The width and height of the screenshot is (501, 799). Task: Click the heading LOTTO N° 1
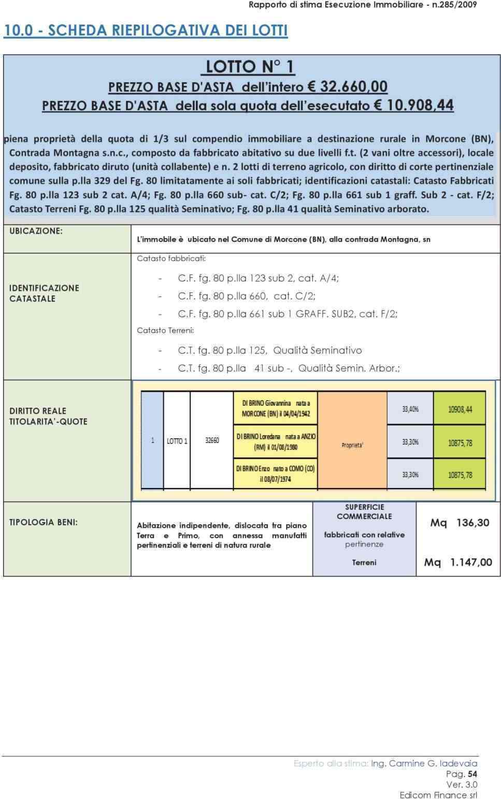[250, 67]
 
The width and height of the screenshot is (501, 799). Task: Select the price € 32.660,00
[347, 86]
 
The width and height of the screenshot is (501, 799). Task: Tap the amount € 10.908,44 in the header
[413, 106]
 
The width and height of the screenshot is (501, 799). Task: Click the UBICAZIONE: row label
[36, 231]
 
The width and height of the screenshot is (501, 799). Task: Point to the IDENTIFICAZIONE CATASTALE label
[44, 293]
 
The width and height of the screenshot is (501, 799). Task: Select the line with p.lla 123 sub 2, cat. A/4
[258, 278]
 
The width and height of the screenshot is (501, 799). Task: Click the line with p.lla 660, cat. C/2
[246, 296]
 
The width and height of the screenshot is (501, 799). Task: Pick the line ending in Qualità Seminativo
[269, 350]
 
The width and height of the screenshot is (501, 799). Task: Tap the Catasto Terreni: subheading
[165, 330]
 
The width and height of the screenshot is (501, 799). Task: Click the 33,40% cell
[410, 409]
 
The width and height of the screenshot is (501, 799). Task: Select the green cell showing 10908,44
[460, 409]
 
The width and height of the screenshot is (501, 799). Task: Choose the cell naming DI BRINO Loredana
[276, 441]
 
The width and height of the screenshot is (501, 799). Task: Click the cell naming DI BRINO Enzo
[275, 474]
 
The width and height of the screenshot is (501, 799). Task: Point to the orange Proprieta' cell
[352, 445]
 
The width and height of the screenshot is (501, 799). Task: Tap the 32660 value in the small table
[212, 440]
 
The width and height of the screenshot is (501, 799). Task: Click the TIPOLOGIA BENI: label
[44, 522]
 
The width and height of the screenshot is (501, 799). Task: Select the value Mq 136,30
[460, 523]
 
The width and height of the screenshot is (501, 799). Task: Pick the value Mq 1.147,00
[458, 562]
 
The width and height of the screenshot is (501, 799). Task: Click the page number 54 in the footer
[472, 774]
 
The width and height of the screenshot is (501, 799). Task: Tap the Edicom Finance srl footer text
[438, 795]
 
